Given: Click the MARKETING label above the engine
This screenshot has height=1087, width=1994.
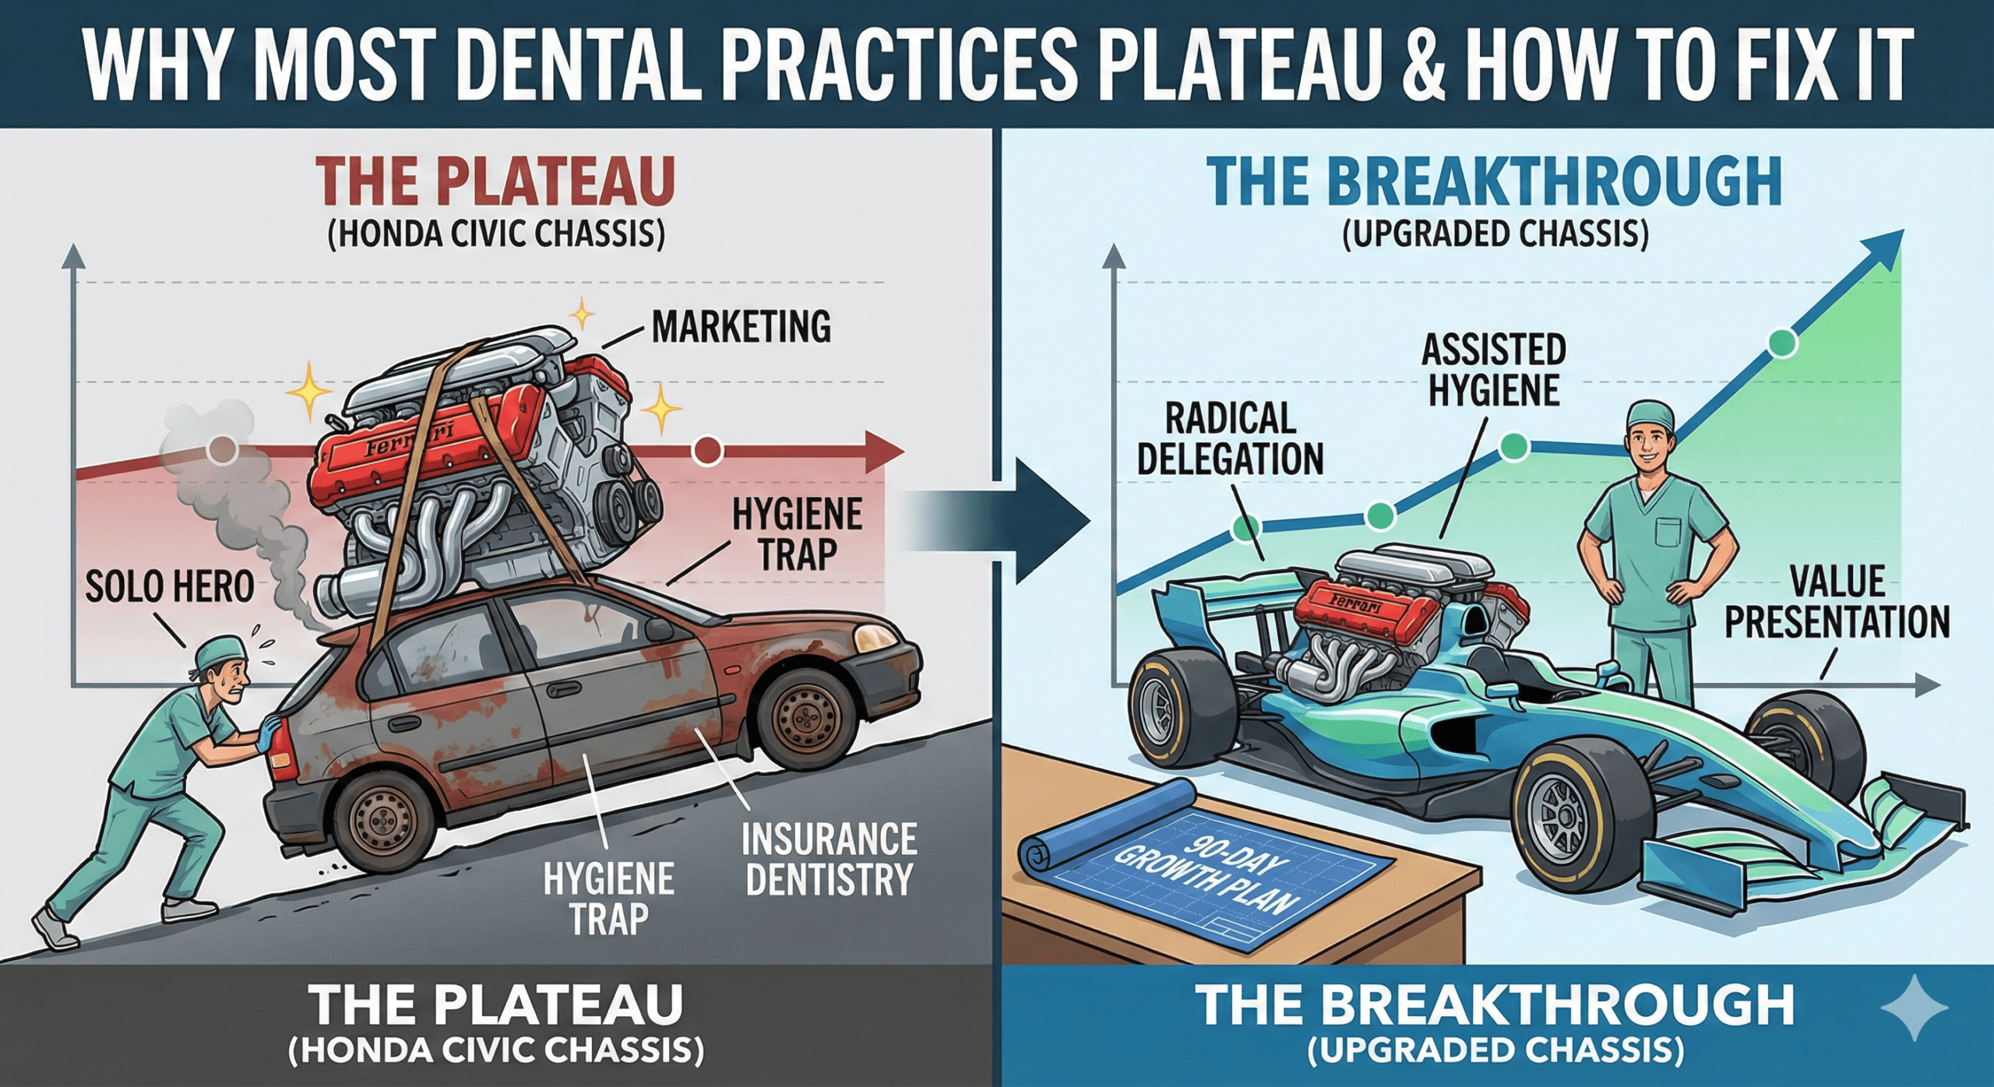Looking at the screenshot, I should coord(741,327).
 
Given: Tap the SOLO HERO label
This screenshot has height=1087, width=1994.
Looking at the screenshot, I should coord(169,586).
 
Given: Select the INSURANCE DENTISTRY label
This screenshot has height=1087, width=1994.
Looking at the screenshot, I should coord(829,859).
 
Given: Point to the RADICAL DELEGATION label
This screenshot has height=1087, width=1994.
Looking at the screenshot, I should coord(1230,439).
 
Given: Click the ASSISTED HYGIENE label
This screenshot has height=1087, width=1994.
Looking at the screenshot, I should coord(1493,370).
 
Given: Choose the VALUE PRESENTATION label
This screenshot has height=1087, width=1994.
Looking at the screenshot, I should coord(1837,602).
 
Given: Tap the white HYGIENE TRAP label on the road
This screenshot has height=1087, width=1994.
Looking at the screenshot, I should coord(608,899).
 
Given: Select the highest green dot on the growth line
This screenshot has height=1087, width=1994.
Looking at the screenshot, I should coord(1782,343).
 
